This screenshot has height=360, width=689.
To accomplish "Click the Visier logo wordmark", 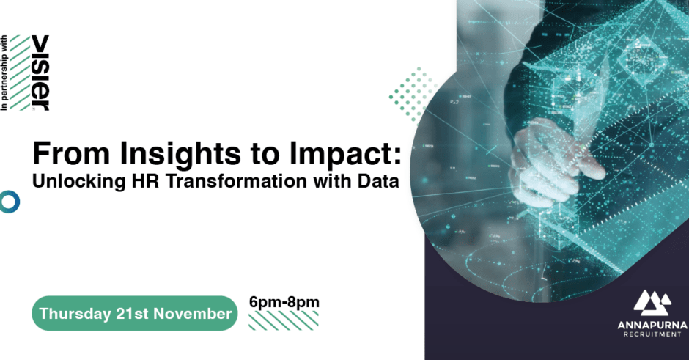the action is click(x=41, y=73).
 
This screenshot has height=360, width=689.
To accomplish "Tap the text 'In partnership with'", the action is click(x=4, y=73).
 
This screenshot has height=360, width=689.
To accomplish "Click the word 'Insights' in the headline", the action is click(x=180, y=154).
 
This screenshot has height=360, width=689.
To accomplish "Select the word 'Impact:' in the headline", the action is click(x=345, y=154).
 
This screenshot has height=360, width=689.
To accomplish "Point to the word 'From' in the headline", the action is click(x=71, y=154).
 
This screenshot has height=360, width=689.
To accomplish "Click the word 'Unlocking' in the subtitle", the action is click(x=79, y=182).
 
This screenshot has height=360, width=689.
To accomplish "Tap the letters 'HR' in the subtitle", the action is click(x=145, y=181).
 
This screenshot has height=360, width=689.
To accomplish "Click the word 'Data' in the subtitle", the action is click(x=378, y=181).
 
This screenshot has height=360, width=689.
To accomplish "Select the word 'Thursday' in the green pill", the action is click(x=75, y=314).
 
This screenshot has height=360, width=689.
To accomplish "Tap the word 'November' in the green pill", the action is click(x=192, y=313).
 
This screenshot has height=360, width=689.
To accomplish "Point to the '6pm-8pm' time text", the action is click(x=284, y=302).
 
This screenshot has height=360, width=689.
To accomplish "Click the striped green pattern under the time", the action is click(x=284, y=320).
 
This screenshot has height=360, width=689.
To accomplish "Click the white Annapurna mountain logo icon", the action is click(x=652, y=303).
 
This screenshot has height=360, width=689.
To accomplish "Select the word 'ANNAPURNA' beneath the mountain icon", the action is click(x=652, y=326).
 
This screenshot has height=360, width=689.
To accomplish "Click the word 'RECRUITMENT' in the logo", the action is click(x=652, y=334).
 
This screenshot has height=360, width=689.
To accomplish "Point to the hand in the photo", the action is click(x=556, y=163).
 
